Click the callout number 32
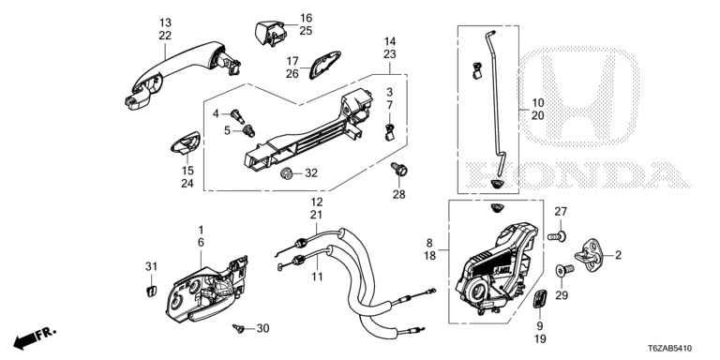coord(311,173)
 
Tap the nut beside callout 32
coord(287,173)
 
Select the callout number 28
coord(398,194)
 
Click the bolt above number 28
coord(399,170)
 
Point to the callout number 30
coord(262,328)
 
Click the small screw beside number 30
coord(239,328)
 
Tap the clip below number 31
coord(151,291)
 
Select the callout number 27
coord(561,212)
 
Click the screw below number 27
coord(557,237)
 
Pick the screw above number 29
coord(564,270)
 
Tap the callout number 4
coord(216,112)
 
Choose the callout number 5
coord(227,131)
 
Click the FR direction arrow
coord(35,337)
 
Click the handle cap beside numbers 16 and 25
coord(270,33)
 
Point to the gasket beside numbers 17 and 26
coord(325,65)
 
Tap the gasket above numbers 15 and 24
coord(186,142)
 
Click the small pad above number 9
coord(540,300)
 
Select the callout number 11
coord(316,277)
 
